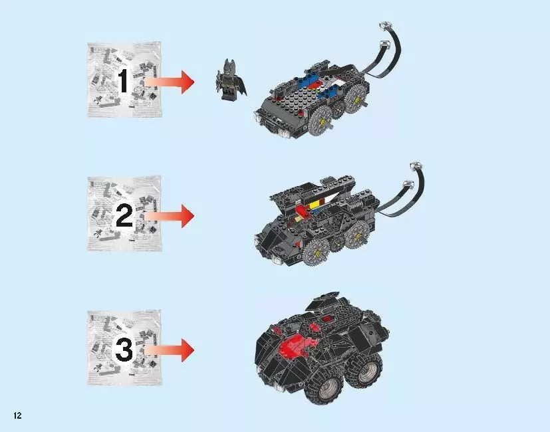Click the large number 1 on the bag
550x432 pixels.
[x=124, y=82]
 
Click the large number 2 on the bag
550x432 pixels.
[x=124, y=215]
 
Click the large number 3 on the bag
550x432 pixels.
[x=124, y=349]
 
